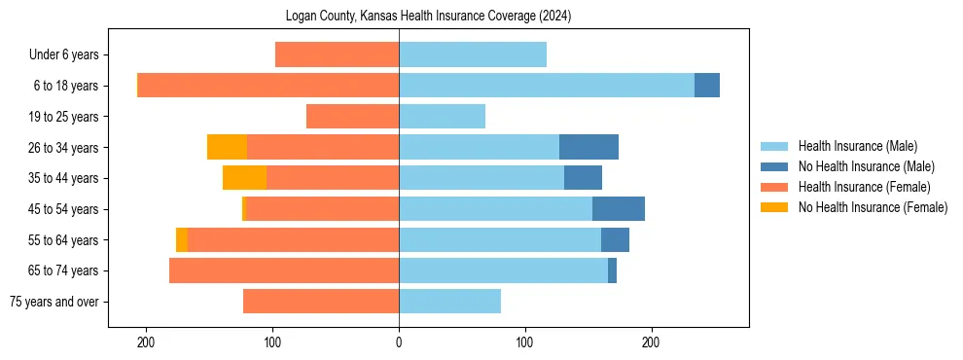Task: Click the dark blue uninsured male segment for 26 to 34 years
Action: click(588, 147)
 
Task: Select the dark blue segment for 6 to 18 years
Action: click(707, 86)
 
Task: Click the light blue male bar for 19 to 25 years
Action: click(442, 117)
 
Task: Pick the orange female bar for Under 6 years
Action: click(337, 54)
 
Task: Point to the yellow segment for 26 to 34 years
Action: click(227, 147)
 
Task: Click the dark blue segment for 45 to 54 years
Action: click(619, 209)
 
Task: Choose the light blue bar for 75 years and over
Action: click(449, 302)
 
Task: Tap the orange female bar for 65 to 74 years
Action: click(284, 270)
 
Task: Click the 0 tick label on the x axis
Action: click(399, 342)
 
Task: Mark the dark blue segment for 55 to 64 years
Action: click(615, 239)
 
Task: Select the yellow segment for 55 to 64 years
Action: click(182, 239)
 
